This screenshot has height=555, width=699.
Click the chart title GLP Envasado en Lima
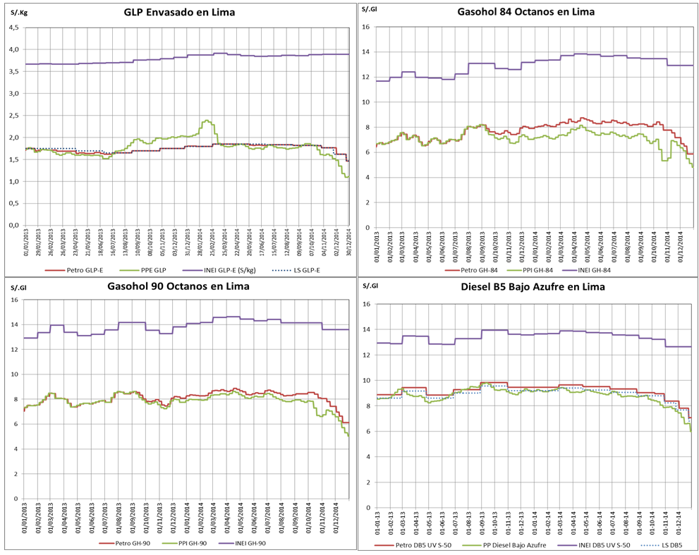click(178, 12)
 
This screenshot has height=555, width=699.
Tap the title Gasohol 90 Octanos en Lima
click(178, 286)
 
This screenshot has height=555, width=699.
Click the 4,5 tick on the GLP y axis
click(13, 28)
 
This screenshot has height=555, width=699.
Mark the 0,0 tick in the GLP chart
click(13, 226)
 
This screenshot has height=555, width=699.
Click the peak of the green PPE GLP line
click(206, 121)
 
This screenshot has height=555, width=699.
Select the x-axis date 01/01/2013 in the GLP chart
click(26, 243)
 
